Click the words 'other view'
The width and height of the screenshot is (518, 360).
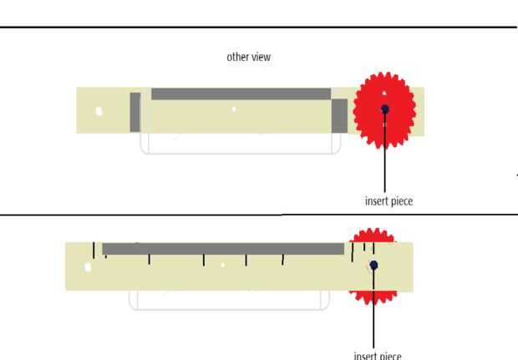(249, 58)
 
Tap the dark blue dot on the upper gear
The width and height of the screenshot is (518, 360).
(384, 109)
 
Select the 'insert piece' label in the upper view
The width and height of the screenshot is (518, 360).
(388, 201)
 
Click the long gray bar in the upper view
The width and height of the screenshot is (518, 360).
(241, 94)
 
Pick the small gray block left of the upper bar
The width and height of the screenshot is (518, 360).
(135, 112)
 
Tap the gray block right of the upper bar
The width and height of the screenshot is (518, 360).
(339, 115)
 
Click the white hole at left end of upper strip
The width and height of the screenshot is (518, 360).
(99, 111)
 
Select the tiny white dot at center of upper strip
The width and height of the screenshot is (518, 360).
(234, 109)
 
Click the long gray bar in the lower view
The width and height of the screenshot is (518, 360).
(222, 249)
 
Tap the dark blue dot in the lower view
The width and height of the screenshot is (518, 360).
(373, 265)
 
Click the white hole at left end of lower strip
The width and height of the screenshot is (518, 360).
(88, 267)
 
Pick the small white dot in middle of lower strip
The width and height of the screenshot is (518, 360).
(223, 265)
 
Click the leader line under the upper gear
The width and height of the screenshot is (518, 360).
(385, 167)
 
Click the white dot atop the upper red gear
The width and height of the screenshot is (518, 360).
(384, 93)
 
